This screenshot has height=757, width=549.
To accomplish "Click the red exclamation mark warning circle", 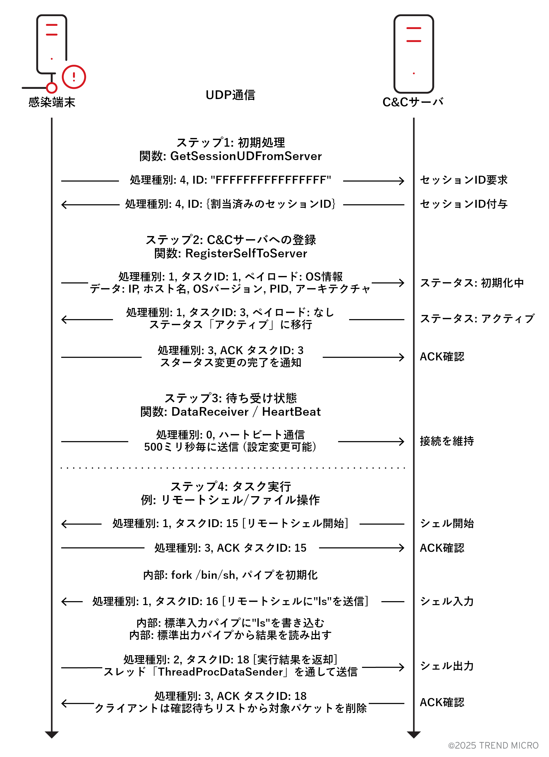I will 74,77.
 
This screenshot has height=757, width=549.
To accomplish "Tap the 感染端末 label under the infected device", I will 52,102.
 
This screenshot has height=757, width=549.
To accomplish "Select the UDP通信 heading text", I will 230,95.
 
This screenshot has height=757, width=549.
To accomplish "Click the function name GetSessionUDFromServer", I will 246,156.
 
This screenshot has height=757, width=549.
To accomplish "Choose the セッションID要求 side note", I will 464,180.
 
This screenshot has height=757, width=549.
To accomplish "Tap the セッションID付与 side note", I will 464,204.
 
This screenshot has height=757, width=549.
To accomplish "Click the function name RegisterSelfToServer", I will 246,254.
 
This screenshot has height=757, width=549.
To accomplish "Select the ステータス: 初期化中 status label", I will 472,283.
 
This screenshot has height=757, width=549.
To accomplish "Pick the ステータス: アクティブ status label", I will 477,319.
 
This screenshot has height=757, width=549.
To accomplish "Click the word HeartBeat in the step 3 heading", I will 291,412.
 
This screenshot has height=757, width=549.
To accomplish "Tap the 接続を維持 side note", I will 447,441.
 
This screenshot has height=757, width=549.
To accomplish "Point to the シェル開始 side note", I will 447,523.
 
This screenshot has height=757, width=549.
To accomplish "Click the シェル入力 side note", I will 447,601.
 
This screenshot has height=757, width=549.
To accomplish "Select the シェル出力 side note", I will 447,666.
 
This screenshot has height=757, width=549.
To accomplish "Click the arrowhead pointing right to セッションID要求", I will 402,181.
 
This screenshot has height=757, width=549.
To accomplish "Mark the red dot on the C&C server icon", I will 414,73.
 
